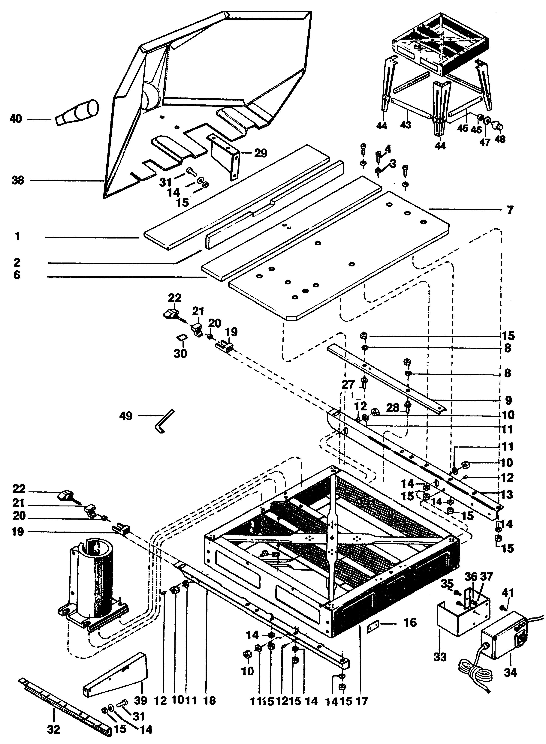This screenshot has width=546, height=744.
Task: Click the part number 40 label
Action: (16, 119)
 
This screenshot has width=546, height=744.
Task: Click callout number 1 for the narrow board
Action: (17, 237)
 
